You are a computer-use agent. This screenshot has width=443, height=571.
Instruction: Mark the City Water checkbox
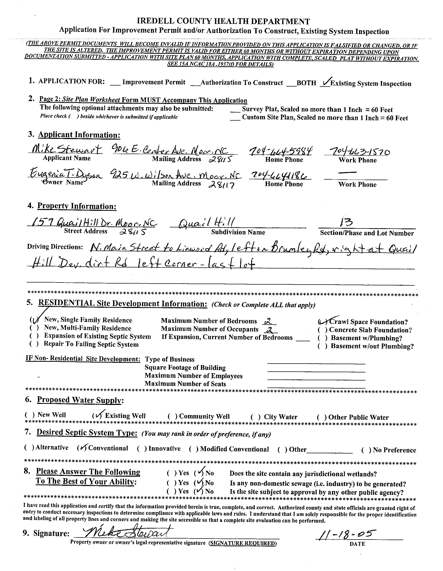point(256,417)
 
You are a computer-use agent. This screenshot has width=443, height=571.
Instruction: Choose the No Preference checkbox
point(366,450)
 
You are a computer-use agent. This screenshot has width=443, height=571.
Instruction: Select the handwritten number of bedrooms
point(267,321)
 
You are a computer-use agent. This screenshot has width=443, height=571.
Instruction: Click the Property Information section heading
point(77,206)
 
